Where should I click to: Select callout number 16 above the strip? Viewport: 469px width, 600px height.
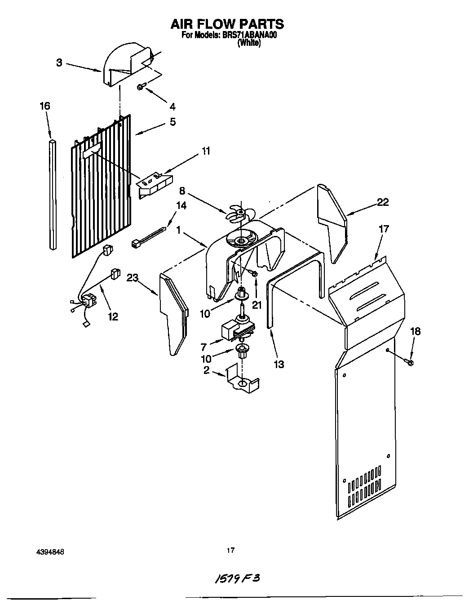pos(44,106)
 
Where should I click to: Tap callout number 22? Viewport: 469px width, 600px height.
pos(383,202)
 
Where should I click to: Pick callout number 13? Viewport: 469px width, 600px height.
pos(279,364)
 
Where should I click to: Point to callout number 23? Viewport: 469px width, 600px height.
pos(132,278)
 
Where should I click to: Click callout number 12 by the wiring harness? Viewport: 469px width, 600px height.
pos(113,317)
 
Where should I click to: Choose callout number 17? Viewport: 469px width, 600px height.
pos(384,229)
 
